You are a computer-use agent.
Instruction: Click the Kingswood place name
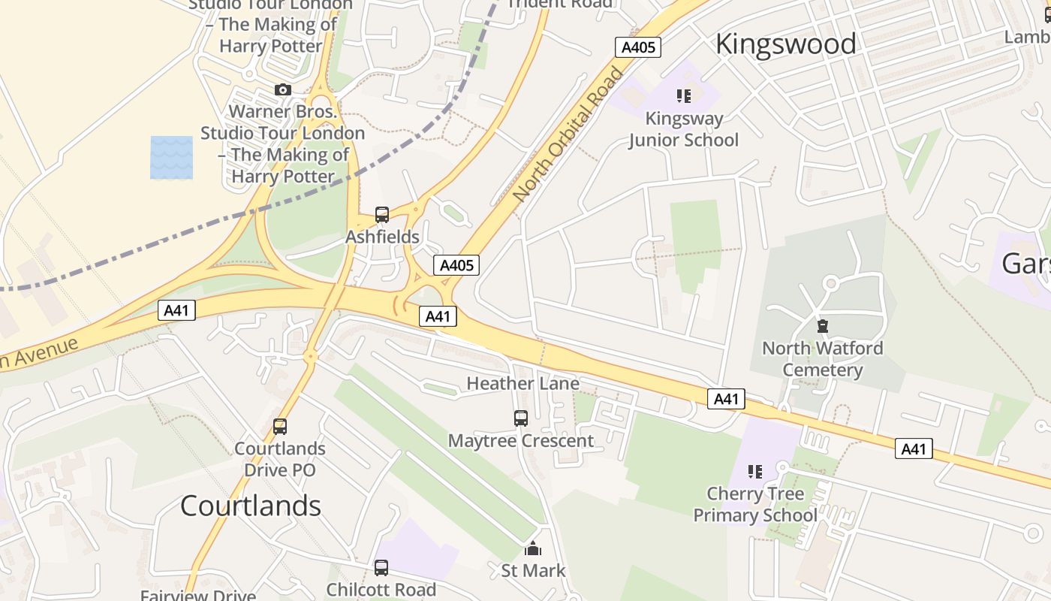tap(785, 44)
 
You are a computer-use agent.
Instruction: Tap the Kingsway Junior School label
tap(684, 129)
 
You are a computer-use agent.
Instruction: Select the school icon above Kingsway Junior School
tap(684, 96)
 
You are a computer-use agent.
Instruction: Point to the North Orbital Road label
tap(568, 134)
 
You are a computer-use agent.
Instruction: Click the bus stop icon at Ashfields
tap(382, 215)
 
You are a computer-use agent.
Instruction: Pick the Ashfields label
tap(382, 237)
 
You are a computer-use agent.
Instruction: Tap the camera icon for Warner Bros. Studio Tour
tap(283, 90)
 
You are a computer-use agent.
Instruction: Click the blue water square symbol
tap(171, 158)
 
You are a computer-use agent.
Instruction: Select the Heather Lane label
tap(522, 384)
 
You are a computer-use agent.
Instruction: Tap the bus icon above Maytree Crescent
tap(521, 418)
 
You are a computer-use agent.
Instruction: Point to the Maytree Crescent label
tap(521, 441)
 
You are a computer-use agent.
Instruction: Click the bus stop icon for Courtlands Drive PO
tap(280, 427)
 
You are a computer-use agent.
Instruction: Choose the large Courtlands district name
tap(251, 506)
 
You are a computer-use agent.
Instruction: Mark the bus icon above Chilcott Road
tap(381, 568)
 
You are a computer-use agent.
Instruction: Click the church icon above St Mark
tap(533, 549)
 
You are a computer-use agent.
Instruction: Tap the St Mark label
tap(533, 571)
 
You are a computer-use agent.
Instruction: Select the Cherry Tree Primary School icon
tap(755, 472)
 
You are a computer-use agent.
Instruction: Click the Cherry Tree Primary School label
tap(755, 505)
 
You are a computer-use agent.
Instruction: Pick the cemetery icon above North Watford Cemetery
tap(823, 326)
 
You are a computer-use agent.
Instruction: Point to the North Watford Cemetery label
tap(823, 359)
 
